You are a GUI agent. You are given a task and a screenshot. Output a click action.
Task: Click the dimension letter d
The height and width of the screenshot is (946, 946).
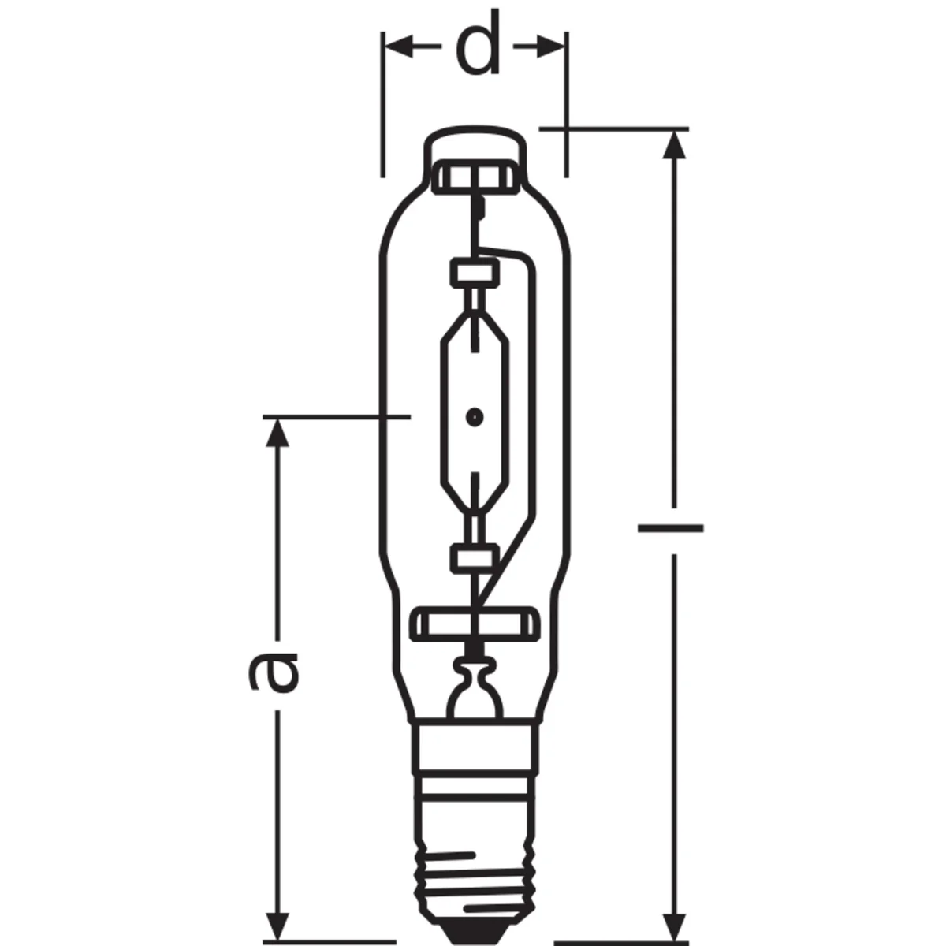[477, 43]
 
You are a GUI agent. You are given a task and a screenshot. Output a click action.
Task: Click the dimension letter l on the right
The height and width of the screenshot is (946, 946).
[671, 528]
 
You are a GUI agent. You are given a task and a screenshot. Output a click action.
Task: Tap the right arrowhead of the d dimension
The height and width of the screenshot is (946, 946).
[550, 47]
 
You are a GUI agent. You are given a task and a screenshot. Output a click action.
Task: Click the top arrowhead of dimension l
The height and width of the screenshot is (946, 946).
[674, 145]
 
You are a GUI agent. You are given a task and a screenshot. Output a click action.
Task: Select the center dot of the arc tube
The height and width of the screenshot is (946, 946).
[475, 418]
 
